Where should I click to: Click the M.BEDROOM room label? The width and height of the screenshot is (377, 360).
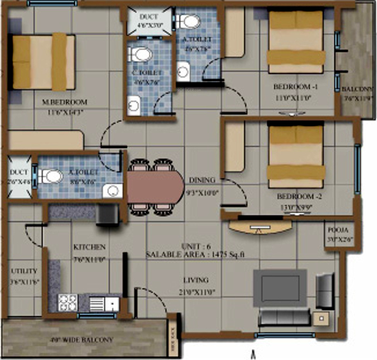coord(65,102)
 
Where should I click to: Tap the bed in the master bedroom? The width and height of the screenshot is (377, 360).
coord(43,62)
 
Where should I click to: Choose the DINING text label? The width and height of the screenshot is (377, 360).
coord(202,180)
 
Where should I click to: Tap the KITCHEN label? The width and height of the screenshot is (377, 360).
coord(89,247)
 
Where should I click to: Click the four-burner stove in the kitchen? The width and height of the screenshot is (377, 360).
coord(67,302)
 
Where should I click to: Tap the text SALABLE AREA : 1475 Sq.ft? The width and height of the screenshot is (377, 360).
coord(196,254)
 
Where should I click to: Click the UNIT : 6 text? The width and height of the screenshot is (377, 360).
coord(195,246)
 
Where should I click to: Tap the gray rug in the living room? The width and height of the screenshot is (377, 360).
coord(280,289)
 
